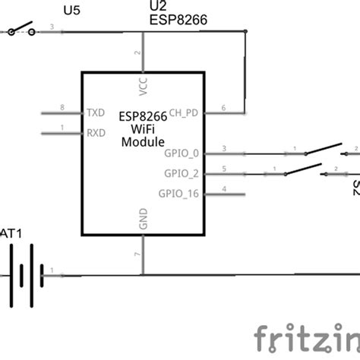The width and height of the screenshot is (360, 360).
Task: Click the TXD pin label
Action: click(95, 113)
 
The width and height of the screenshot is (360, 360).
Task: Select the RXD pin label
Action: click(95, 133)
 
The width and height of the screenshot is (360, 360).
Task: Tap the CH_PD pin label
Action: click(185, 113)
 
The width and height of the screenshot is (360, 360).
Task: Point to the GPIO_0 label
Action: click(182, 153)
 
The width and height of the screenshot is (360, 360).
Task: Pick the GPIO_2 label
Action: click(182, 172)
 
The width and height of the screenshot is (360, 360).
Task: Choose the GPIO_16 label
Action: click(179, 193)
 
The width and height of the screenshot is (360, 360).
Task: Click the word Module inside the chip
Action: click(142, 142)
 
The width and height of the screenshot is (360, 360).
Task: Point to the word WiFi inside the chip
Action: click(143, 129)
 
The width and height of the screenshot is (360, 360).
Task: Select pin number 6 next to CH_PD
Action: click(223, 107)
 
